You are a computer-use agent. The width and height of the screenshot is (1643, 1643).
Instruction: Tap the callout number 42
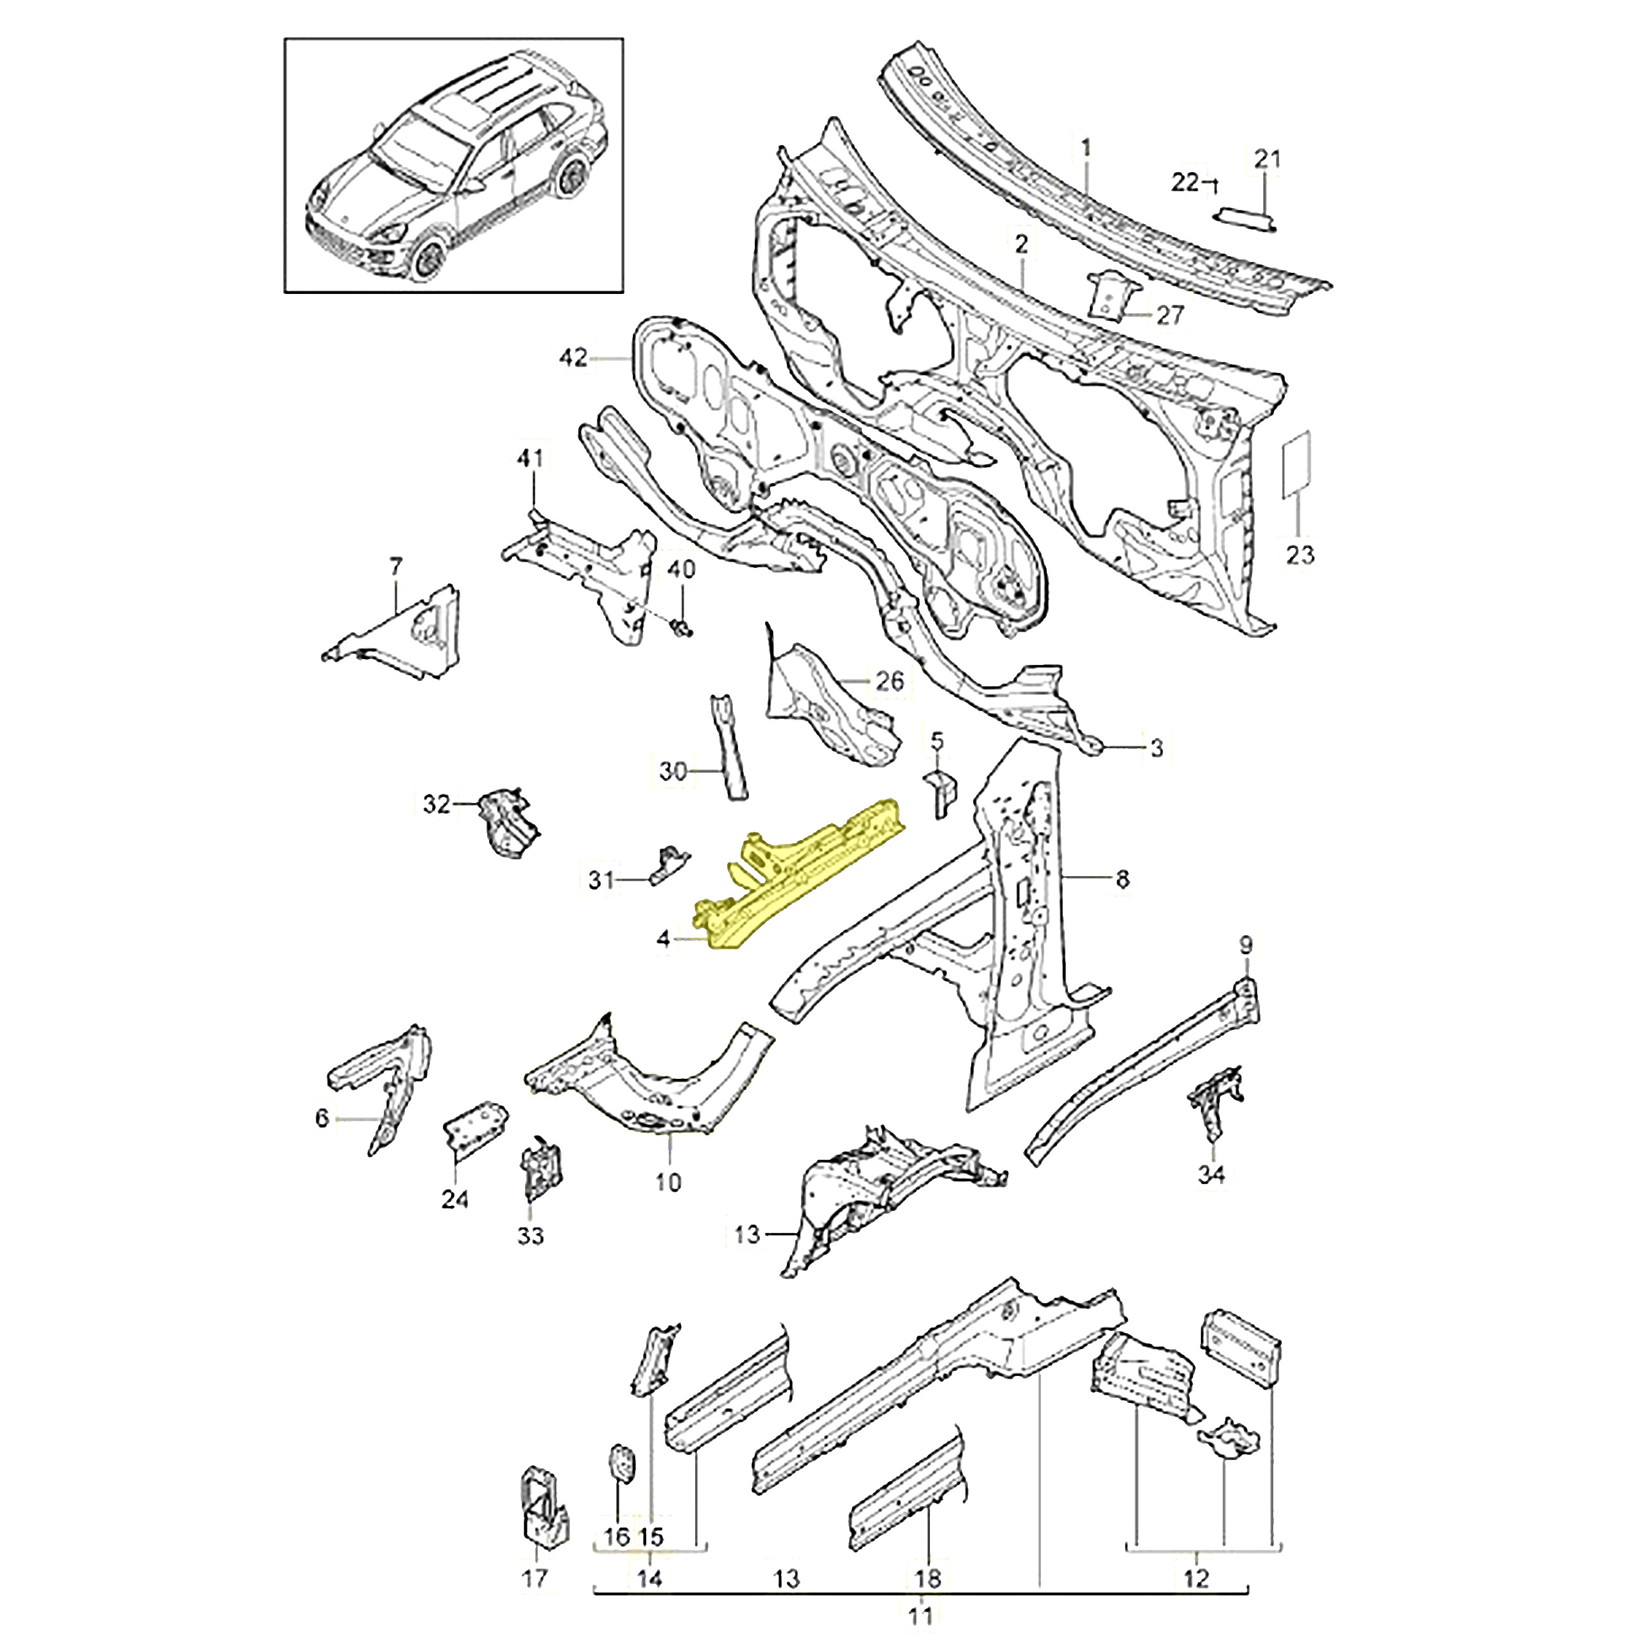[572, 357]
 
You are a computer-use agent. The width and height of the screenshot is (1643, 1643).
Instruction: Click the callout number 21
[1267, 159]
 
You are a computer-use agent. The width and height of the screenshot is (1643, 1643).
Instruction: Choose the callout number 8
[1122, 879]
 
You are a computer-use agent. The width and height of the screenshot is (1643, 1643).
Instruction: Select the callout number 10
[668, 1182]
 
